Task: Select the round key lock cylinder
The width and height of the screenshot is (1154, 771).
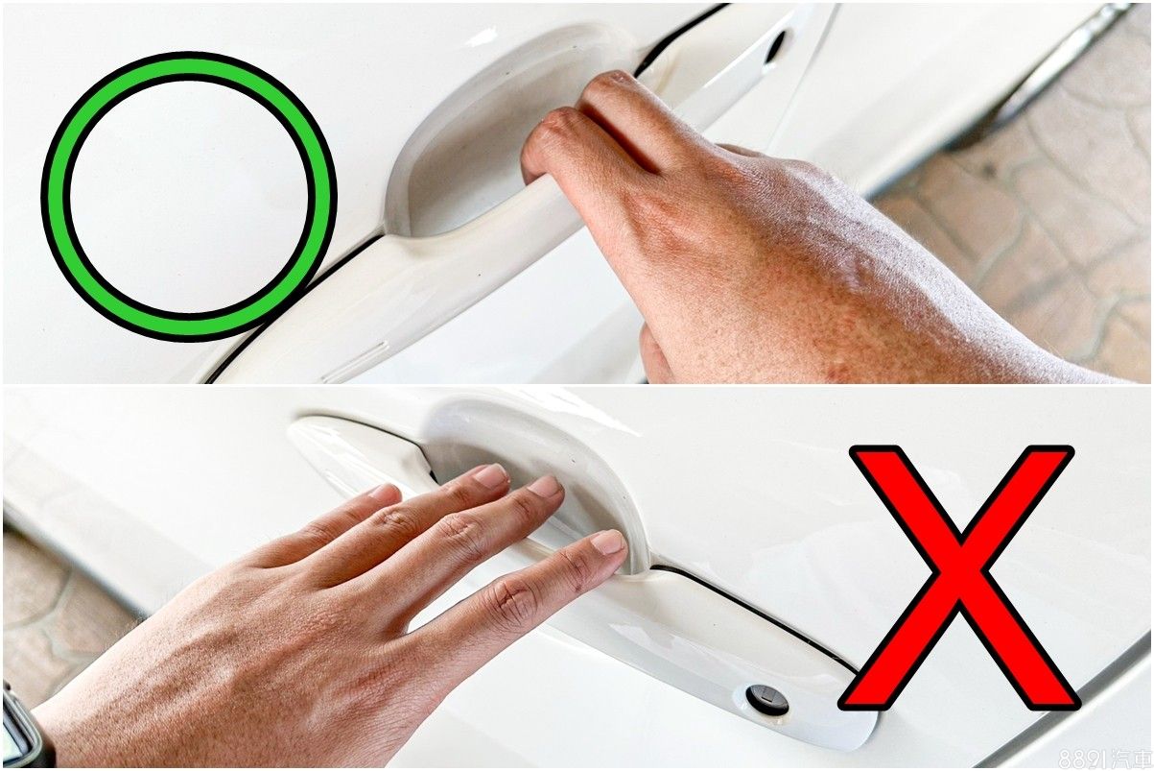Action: click(767, 700)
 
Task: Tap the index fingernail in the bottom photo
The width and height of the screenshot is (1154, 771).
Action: click(608, 542)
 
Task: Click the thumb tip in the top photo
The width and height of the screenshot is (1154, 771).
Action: click(653, 356)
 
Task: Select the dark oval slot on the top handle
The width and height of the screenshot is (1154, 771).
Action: click(775, 46)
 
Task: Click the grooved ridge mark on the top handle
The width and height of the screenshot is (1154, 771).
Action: click(356, 361)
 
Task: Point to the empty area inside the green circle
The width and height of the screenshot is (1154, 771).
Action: click(189, 196)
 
